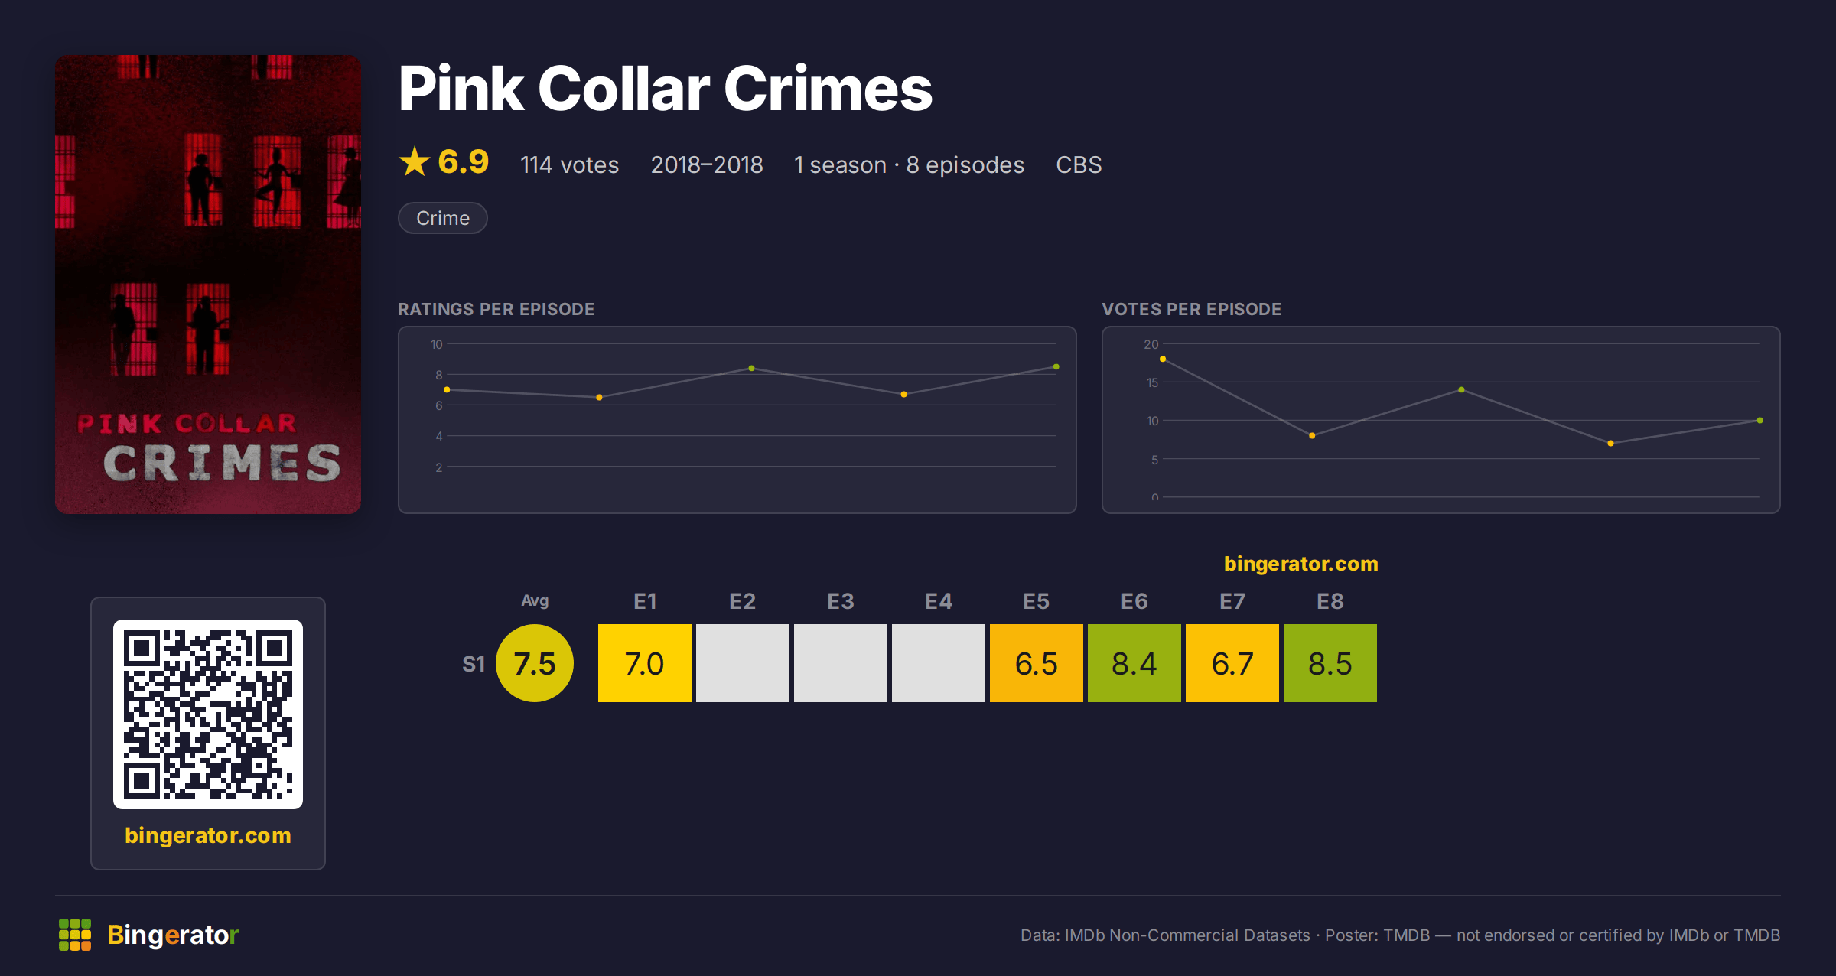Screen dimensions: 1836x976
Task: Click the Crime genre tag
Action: coord(443,218)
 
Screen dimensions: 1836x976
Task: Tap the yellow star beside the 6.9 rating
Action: coord(415,161)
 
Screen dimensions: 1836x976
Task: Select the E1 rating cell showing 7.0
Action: coord(645,663)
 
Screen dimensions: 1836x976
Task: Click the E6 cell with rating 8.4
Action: coord(1134,663)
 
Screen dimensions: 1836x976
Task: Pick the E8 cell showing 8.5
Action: coord(1330,663)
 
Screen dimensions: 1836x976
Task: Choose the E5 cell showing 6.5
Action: coord(1037,663)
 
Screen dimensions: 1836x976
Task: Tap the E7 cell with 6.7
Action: coord(1232,663)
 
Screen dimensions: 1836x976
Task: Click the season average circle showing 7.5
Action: coord(535,663)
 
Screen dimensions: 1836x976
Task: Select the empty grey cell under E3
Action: coord(841,663)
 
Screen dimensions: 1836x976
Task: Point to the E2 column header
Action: coord(743,601)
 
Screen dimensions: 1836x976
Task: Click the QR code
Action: coord(208,714)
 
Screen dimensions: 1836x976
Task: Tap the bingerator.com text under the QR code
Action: coord(208,835)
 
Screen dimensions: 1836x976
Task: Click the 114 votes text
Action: coord(570,164)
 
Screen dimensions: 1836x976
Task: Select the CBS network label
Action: coord(1079,164)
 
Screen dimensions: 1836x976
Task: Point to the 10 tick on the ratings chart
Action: coord(436,344)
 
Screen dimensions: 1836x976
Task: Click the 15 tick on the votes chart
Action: coord(1152,382)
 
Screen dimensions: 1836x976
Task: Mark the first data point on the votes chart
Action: coord(1163,359)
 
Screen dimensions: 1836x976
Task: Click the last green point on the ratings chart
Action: coord(1056,367)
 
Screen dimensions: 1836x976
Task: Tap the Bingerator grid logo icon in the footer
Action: coord(75,935)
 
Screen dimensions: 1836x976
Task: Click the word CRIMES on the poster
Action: coord(222,463)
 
